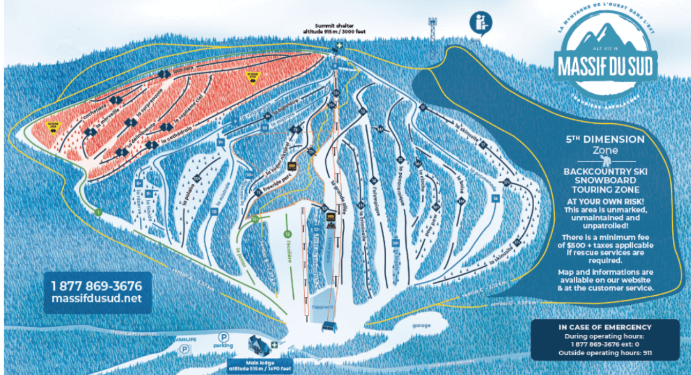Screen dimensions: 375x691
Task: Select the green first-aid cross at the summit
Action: point(340,47)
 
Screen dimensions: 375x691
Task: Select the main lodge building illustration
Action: point(259,343)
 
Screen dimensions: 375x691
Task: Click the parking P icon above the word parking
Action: point(223,337)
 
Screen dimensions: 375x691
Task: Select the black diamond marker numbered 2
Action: point(163,74)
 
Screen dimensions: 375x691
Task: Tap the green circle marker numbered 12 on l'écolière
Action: point(288,234)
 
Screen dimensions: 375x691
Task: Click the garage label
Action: point(422,326)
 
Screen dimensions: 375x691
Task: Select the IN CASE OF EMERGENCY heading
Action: point(605,327)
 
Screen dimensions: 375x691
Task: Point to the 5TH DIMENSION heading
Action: point(605,139)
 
